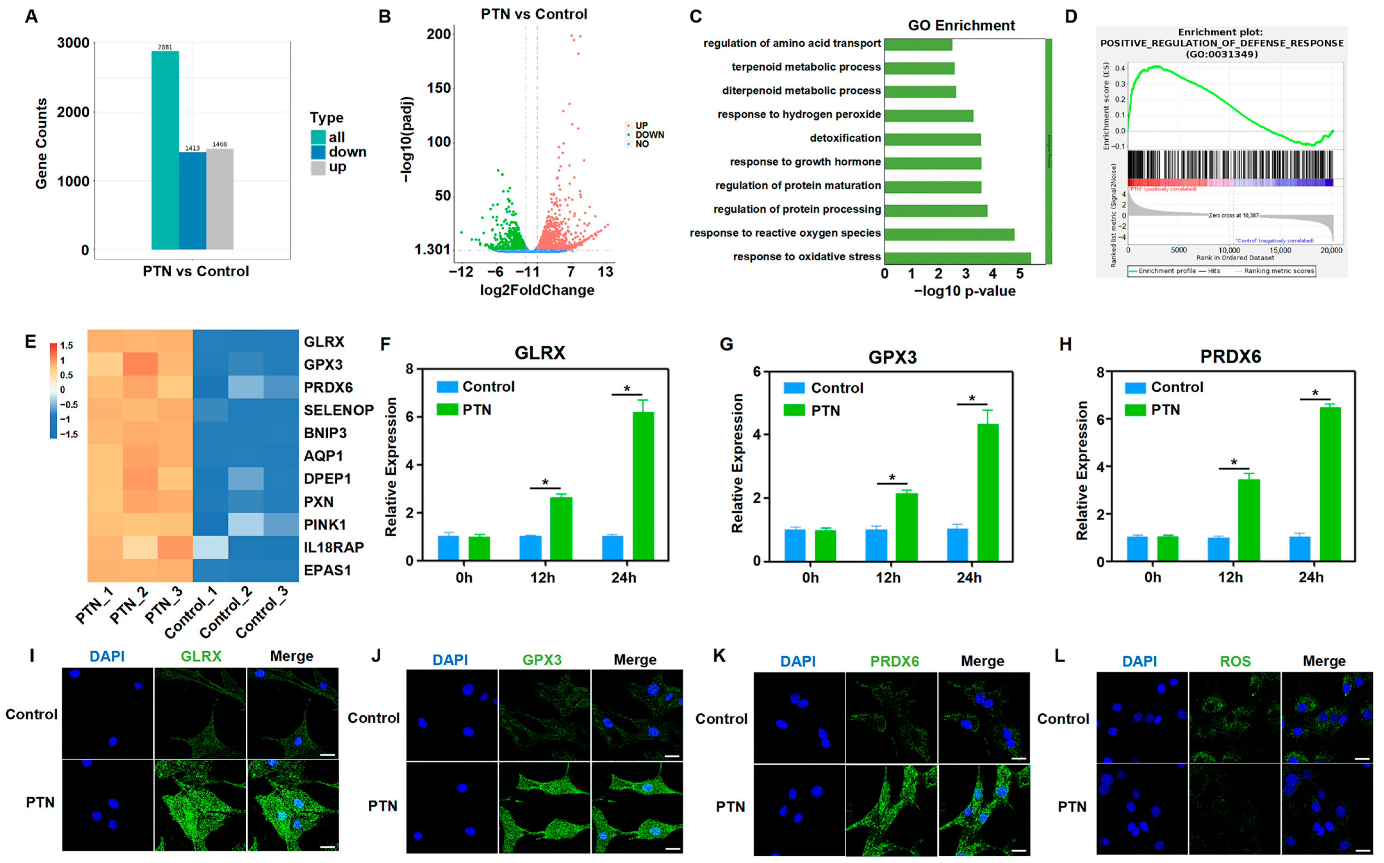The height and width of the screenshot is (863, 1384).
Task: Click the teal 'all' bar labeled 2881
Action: coord(165,150)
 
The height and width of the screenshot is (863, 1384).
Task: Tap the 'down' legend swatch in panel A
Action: coord(318,152)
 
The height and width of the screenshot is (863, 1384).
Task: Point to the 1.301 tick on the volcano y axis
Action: coord(432,249)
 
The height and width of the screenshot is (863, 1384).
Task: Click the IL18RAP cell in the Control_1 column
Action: coord(211,547)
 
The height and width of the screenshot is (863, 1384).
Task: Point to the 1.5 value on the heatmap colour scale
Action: coord(66,345)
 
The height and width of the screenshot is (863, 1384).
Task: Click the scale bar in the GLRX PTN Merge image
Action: coord(327,846)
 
